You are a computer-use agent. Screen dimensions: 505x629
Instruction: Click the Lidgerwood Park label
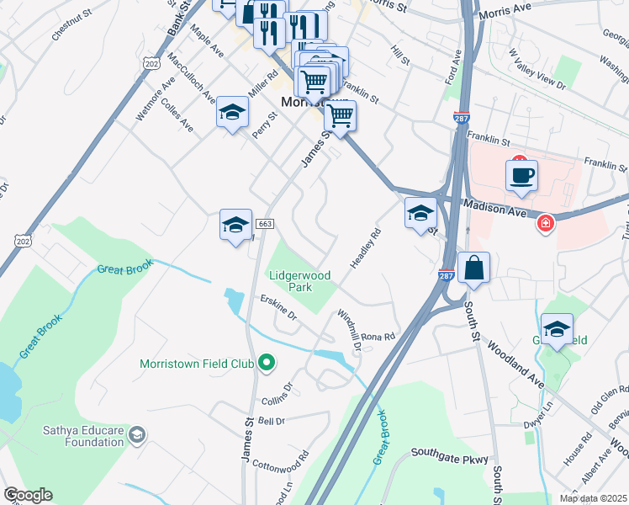[x=300, y=281]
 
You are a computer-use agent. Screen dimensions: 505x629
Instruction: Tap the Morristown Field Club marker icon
[x=267, y=364]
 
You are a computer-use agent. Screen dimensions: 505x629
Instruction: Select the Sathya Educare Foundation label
[x=83, y=435]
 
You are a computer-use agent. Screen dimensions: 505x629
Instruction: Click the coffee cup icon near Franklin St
[x=521, y=176]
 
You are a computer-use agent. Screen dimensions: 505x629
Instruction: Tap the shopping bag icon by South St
[x=474, y=268]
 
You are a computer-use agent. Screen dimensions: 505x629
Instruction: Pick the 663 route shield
[x=265, y=224]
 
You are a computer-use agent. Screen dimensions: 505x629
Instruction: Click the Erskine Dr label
[x=278, y=309]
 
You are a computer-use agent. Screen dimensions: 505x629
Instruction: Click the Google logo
[x=28, y=495]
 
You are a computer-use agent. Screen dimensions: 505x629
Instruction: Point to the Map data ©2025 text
[x=593, y=498]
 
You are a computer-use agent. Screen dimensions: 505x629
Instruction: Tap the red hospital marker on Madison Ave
[x=546, y=223]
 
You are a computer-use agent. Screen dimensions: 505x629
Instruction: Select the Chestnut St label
[x=70, y=32]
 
